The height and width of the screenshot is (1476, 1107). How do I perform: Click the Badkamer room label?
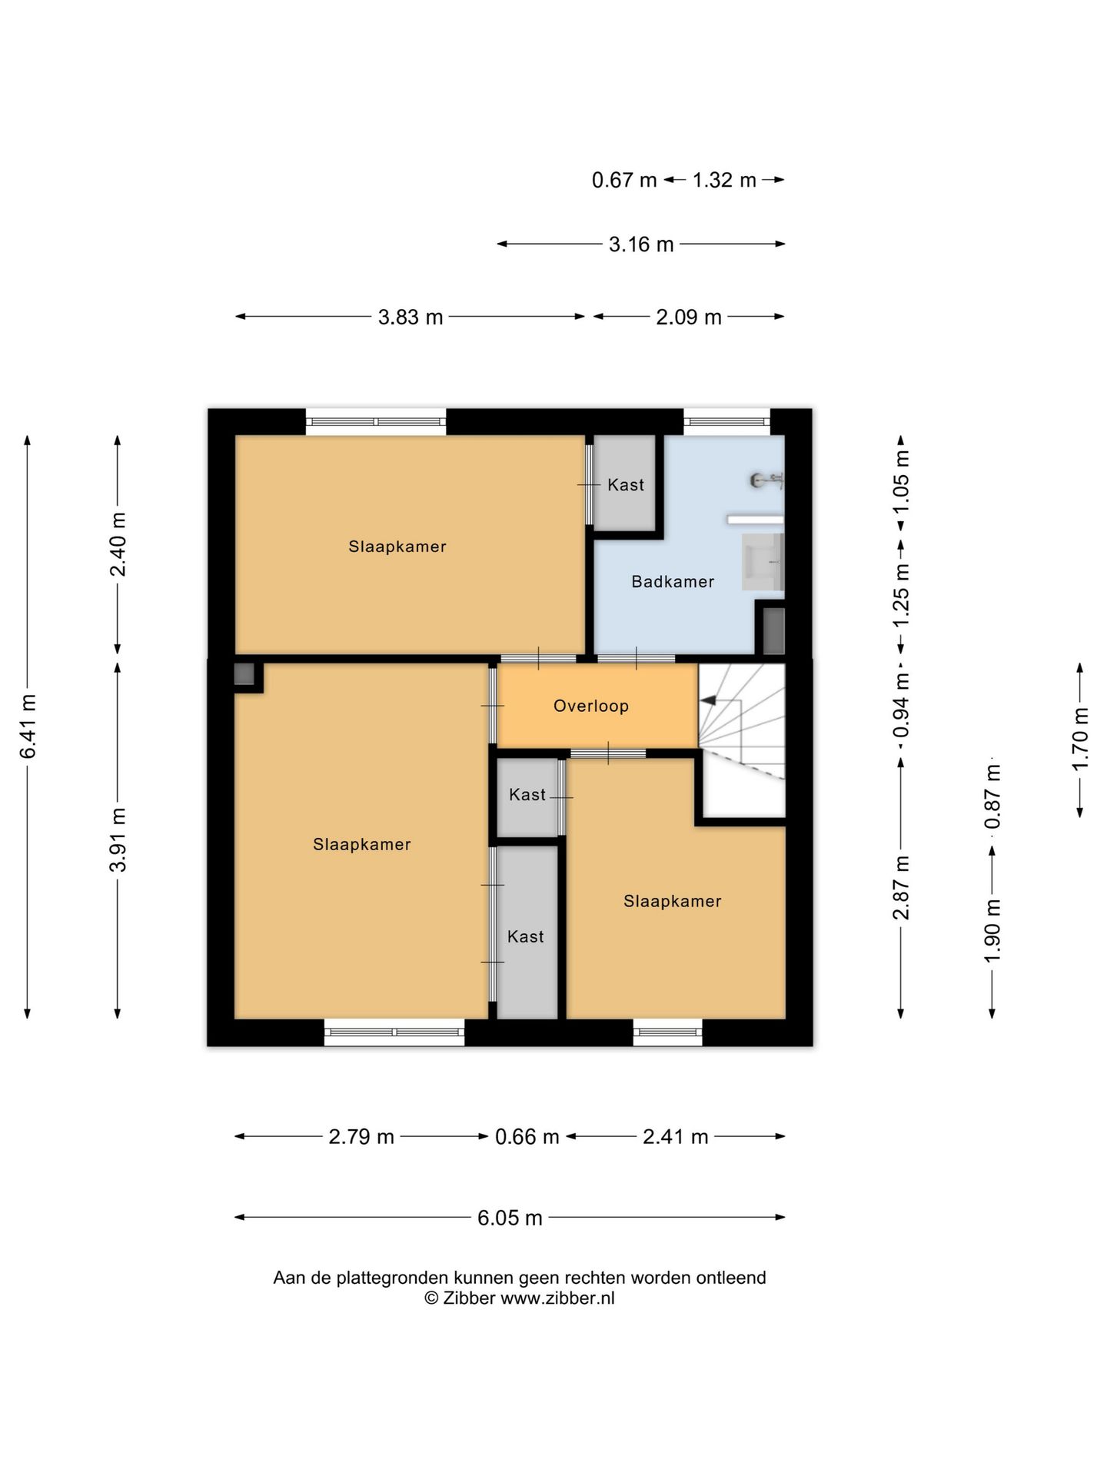click(673, 582)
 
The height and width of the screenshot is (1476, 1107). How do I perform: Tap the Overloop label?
click(591, 706)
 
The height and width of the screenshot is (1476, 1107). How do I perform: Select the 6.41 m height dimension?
click(28, 726)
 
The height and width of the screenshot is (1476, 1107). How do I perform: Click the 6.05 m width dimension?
click(510, 1218)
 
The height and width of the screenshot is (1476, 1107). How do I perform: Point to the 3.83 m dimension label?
click(411, 317)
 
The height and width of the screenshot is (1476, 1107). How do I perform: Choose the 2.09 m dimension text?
click(689, 317)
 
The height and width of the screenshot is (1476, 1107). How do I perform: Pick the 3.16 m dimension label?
click(641, 244)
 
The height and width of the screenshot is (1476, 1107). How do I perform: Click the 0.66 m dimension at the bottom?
click(527, 1136)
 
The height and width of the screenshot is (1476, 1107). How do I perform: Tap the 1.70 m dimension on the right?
click(1080, 739)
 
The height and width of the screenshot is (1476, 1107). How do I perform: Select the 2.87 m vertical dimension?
click(901, 887)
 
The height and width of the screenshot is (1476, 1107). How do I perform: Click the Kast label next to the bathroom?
click(626, 484)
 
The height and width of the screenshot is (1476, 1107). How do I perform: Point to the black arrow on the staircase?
click(708, 700)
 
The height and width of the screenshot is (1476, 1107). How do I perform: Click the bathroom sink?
click(763, 563)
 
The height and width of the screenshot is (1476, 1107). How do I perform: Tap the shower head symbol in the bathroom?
click(767, 480)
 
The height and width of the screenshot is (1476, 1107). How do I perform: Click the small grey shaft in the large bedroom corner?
click(244, 674)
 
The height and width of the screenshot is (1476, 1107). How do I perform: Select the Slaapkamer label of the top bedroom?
click(397, 547)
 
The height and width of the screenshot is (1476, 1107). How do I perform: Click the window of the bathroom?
click(726, 421)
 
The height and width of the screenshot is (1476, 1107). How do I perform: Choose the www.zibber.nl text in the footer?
click(558, 1298)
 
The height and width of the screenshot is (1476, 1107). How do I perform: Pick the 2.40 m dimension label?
click(118, 544)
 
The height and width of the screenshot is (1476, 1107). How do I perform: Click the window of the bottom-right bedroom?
click(668, 1032)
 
